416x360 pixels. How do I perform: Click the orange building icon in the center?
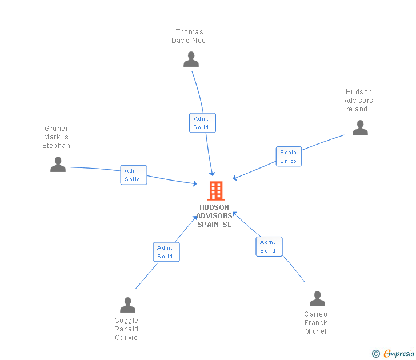click(215, 190)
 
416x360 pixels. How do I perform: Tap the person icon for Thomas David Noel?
click(191, 59)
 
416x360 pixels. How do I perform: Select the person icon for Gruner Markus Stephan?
click(58, 165)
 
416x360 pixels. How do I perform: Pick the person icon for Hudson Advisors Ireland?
click(360, 128)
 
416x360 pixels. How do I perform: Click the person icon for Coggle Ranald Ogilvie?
click(127, 305)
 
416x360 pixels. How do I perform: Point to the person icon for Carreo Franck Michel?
click(317, 299)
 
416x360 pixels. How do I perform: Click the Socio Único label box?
click(289, 157)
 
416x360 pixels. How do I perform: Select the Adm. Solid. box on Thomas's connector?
click(202, 123)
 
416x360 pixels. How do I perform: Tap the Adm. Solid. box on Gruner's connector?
click(134, 175)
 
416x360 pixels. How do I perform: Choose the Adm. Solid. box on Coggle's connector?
click(166, 252)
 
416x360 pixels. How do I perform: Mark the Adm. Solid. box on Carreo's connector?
click(269, 246)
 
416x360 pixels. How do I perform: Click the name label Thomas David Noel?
click(190, 36)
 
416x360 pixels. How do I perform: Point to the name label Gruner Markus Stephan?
click(57, 137)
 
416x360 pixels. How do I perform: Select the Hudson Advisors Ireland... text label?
click(359, 101)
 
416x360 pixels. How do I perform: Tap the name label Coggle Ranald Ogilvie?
click(126, 329)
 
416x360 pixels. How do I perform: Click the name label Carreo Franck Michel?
click(316, 323)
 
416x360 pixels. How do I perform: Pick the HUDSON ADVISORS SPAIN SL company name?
click(214, 216)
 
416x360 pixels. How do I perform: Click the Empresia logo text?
click(399, 354)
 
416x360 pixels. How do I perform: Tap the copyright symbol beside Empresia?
click(375, 354)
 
